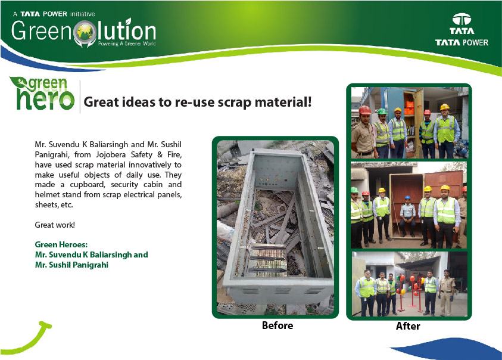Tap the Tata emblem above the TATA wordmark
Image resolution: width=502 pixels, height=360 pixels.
coord(462,19)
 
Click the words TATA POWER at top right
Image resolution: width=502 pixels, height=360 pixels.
coord(462,42)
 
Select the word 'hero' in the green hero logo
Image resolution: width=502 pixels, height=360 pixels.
coord(45,100)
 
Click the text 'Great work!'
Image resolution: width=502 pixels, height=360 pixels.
coord(55,225)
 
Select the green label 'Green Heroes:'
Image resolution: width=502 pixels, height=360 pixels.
coord(61,244)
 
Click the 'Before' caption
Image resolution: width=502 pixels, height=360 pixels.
coord(277,325)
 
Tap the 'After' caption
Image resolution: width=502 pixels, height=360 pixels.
coord(408,326)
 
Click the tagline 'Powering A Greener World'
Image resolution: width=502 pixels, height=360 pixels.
coord(127,44)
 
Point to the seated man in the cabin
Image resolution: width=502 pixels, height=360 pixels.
coord(407,216)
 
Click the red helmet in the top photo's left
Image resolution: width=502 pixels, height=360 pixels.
coord(364,110)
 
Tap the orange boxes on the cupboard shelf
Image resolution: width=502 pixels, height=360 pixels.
coord(409,108)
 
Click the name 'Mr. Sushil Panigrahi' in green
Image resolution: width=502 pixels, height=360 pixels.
coord(71,265)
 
